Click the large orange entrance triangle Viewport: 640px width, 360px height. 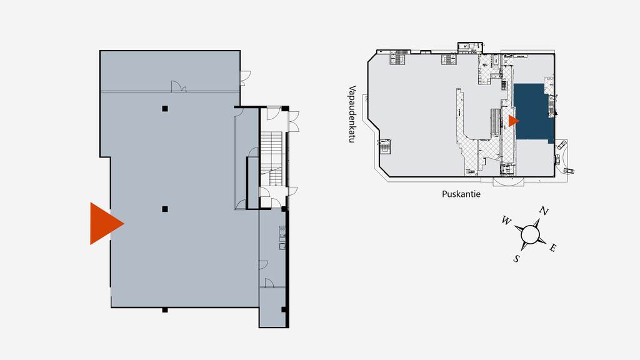point(104,223)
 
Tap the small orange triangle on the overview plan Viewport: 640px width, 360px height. point(513,121)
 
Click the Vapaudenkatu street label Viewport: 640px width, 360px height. point(352,114)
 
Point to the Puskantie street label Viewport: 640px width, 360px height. point(461,194)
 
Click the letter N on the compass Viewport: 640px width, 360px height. point(544,211)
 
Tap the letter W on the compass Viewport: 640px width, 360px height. point(506,221)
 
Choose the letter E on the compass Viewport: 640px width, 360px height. point(553,247)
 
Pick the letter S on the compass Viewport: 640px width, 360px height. point(516,259)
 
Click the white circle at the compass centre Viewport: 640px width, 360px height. point(530,234)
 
